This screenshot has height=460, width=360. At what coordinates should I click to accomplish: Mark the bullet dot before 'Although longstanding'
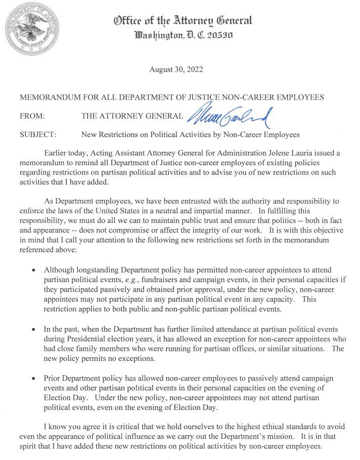coord(33,270)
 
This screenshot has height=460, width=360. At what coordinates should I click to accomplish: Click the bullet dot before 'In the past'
coord(33,329)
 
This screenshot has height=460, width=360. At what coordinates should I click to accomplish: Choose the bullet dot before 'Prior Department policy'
coord(33,378)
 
